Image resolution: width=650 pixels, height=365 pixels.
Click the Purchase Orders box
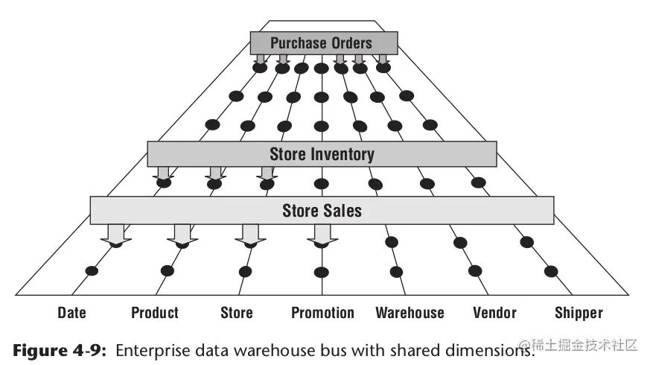click(x=322, y=42)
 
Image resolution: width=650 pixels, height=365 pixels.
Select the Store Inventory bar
click(x=322, y=154)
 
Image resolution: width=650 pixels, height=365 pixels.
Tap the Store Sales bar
click(x=322, y=210)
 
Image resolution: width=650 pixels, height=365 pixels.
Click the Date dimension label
click(x=71, y=313)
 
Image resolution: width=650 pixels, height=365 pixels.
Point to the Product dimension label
click(x=155, y=313)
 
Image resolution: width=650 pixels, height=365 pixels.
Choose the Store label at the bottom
click(x=237, y=313)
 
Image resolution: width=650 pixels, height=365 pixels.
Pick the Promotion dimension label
click(x=322, y=313)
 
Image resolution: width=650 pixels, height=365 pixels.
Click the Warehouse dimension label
click(x=410, y=313)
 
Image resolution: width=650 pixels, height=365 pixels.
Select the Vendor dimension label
click(x=494, y=313)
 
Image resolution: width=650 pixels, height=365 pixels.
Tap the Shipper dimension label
click(x=579, y=313)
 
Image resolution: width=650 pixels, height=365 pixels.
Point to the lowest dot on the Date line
click(x=92, y=270)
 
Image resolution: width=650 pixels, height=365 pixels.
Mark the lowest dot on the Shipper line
click(x=551, y=270)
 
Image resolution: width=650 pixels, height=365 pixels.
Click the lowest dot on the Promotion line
click(x=322, y=271)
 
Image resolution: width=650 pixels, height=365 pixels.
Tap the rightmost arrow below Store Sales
click(x=322, y=235)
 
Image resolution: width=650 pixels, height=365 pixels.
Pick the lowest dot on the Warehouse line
click(x=397, y=271)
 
